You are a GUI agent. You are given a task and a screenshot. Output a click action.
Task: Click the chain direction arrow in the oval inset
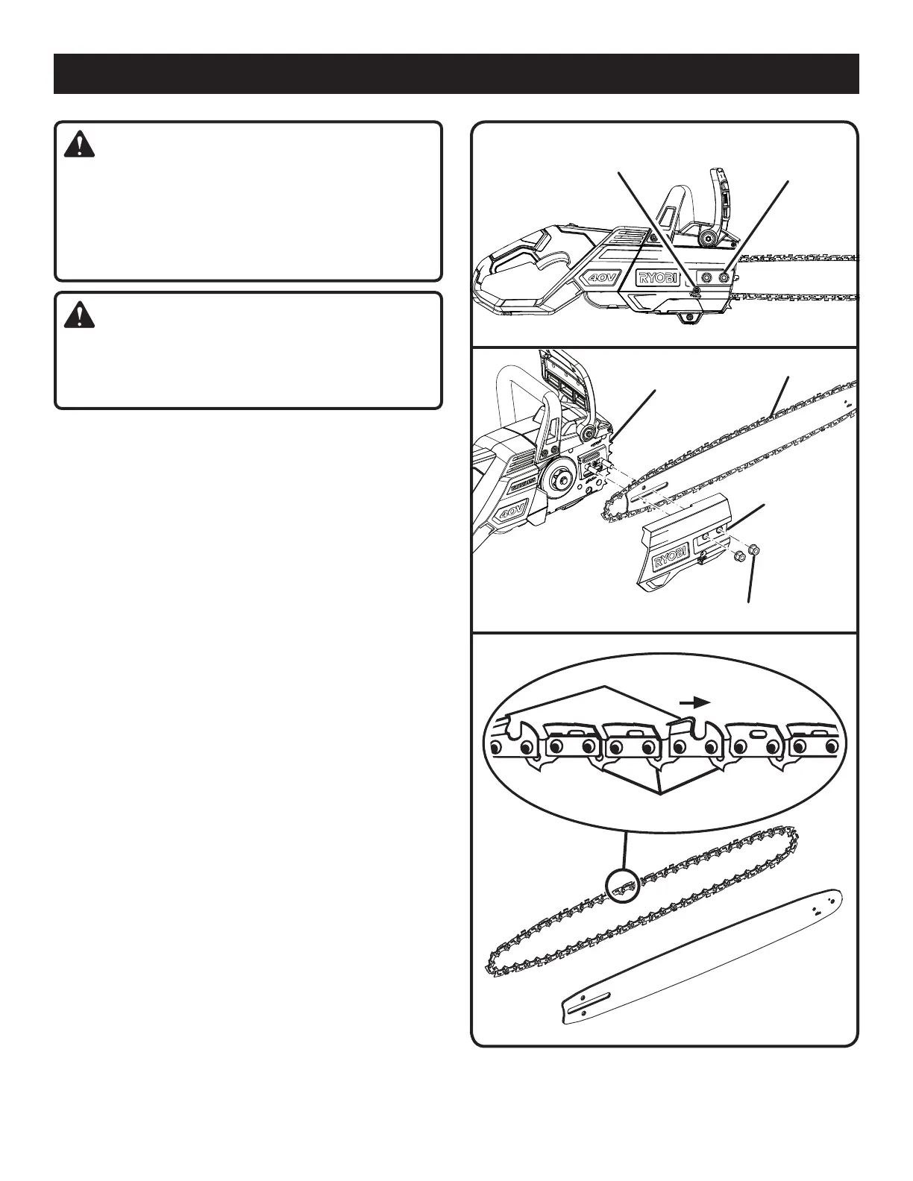pyautogui.click(x=694, y=702)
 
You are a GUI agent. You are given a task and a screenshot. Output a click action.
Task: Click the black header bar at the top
pyautogui.click(x=456, y=73)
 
